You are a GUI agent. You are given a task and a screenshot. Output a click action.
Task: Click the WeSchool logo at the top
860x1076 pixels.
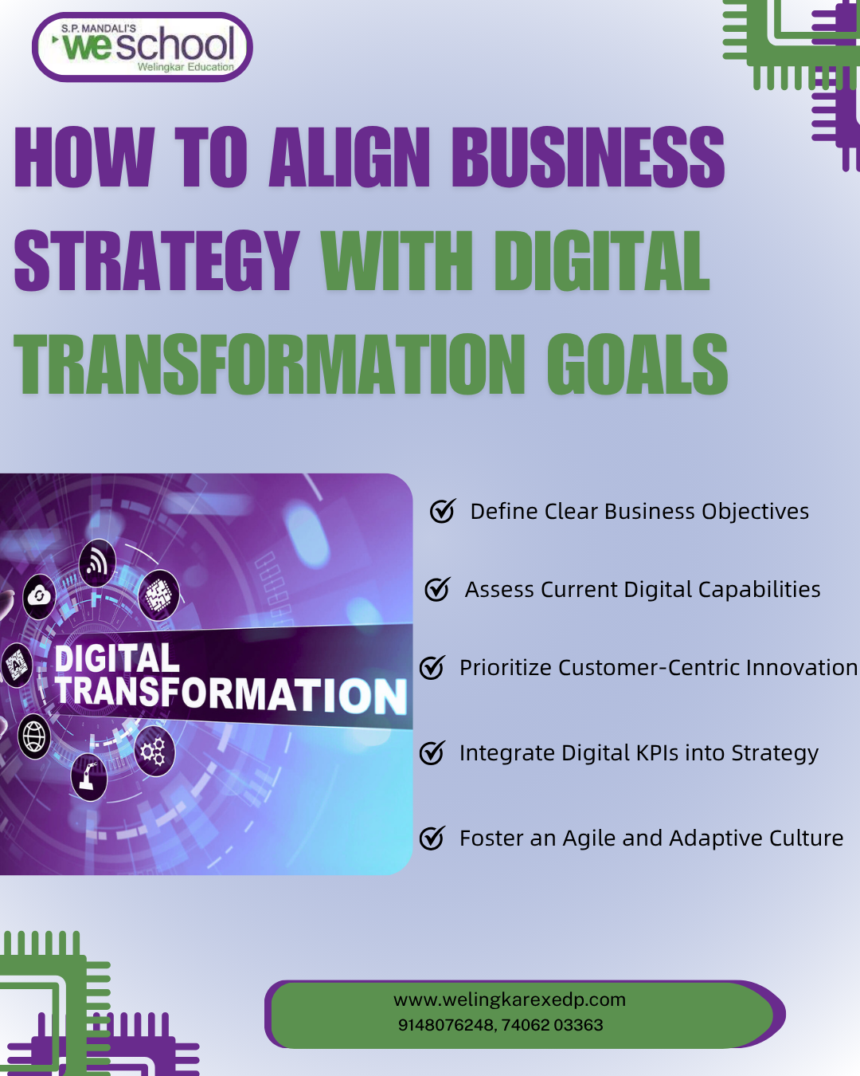(142, 47)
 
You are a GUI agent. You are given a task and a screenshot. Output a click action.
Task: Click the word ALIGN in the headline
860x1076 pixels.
(350, 158)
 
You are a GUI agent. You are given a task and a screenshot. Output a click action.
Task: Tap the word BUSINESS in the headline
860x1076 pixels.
(588, 158)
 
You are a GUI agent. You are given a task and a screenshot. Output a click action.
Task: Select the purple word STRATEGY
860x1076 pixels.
(157, 261)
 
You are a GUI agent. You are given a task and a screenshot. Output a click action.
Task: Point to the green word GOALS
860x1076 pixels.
(637, 365)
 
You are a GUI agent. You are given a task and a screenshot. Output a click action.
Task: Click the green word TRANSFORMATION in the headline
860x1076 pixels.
(269, 365)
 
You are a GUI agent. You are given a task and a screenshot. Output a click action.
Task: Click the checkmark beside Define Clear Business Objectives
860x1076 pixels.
(442, 511)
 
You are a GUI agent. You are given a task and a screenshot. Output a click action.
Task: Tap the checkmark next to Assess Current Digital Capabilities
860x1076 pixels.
(437, 589)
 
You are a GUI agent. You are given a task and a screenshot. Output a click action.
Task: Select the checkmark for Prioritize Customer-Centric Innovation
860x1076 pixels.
(432, 667)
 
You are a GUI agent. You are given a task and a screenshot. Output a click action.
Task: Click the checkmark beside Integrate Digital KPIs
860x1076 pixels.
(432, 752)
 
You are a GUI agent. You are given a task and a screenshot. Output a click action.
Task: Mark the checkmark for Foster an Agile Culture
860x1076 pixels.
(432, 838)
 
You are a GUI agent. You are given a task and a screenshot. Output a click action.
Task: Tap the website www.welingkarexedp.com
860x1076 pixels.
(510, 999)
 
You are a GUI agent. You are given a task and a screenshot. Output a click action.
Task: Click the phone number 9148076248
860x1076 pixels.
(445, 1025)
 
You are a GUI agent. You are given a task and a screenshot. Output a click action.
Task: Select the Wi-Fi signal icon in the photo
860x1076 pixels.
(97, 563)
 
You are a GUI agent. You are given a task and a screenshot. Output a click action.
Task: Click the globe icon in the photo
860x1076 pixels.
(34, 736)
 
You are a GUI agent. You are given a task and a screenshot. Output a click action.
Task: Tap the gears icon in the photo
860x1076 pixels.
(153, 751)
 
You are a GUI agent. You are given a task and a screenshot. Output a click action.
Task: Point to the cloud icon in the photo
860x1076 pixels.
(39, 595)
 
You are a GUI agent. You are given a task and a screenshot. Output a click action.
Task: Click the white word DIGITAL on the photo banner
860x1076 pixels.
(117, 659)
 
